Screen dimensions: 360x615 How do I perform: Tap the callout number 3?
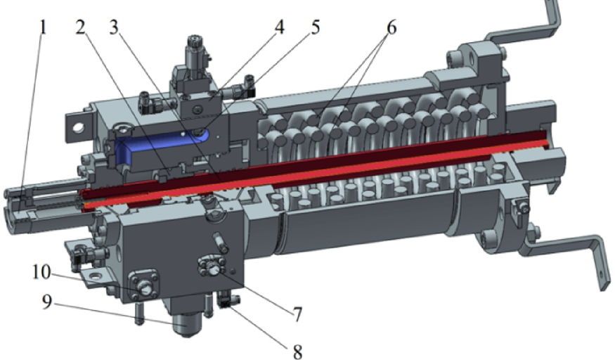click(x=115, y=29)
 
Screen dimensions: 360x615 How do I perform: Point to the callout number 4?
click(x=279, y=29)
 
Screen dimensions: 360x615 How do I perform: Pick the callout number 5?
click(x=314, y=29)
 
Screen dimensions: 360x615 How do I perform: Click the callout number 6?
click(x=391, y=27)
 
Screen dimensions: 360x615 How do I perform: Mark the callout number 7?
click(x=296, y=314)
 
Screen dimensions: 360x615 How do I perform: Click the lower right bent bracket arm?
click(x=569, y=250)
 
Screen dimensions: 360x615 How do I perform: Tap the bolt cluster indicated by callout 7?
click(x=211, y=266)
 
